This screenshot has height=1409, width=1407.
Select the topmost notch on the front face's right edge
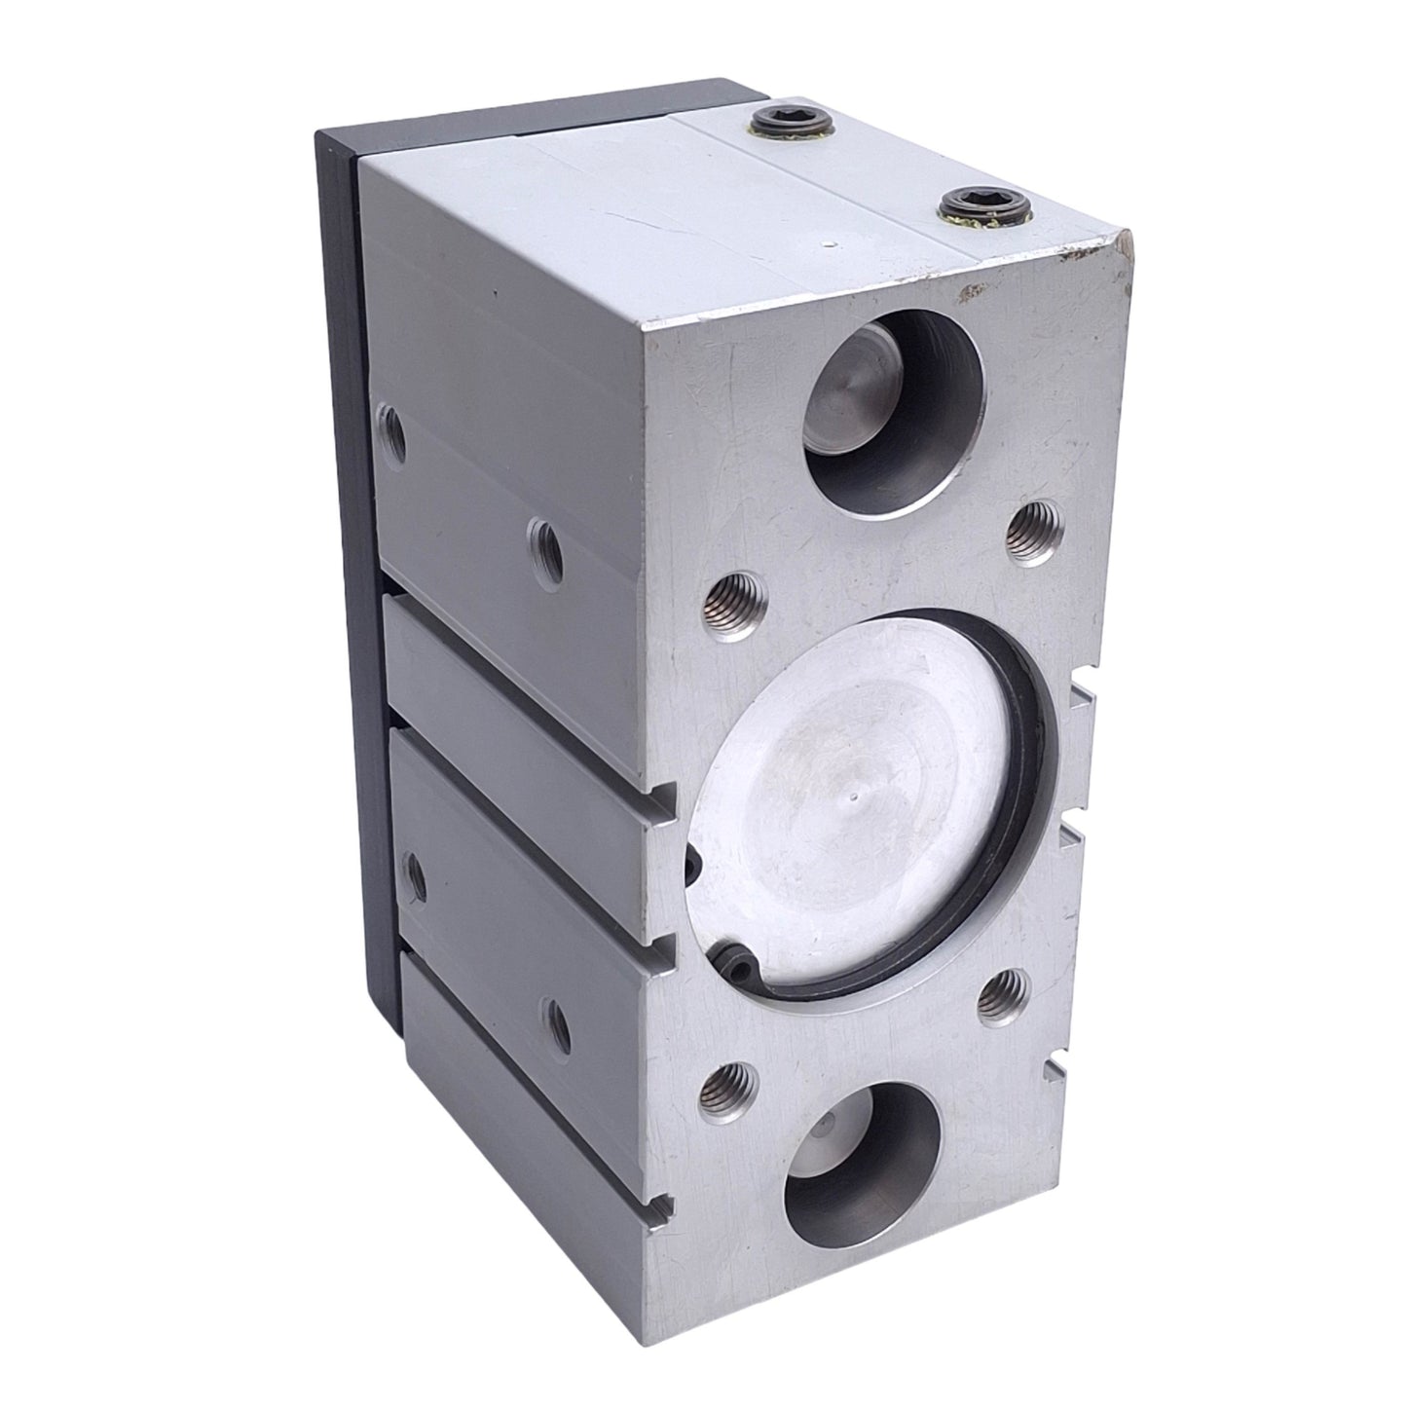[1081, 698]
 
